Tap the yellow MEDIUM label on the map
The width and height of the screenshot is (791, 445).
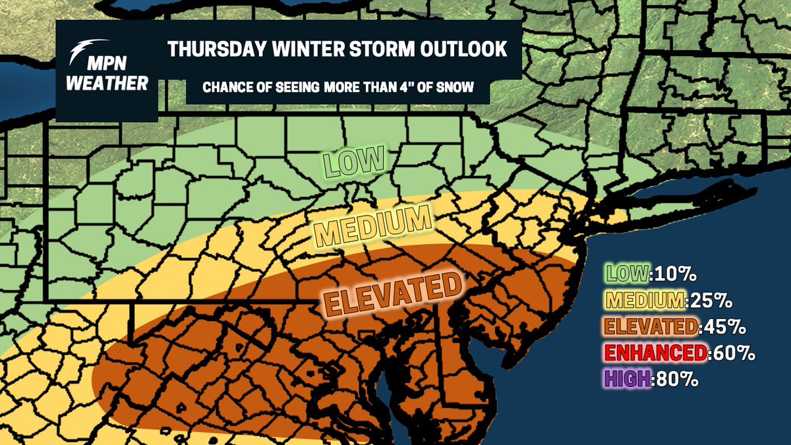point(372,223)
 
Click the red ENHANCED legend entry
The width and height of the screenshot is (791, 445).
point(656,353)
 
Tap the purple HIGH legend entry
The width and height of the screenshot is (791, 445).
point(629,379)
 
